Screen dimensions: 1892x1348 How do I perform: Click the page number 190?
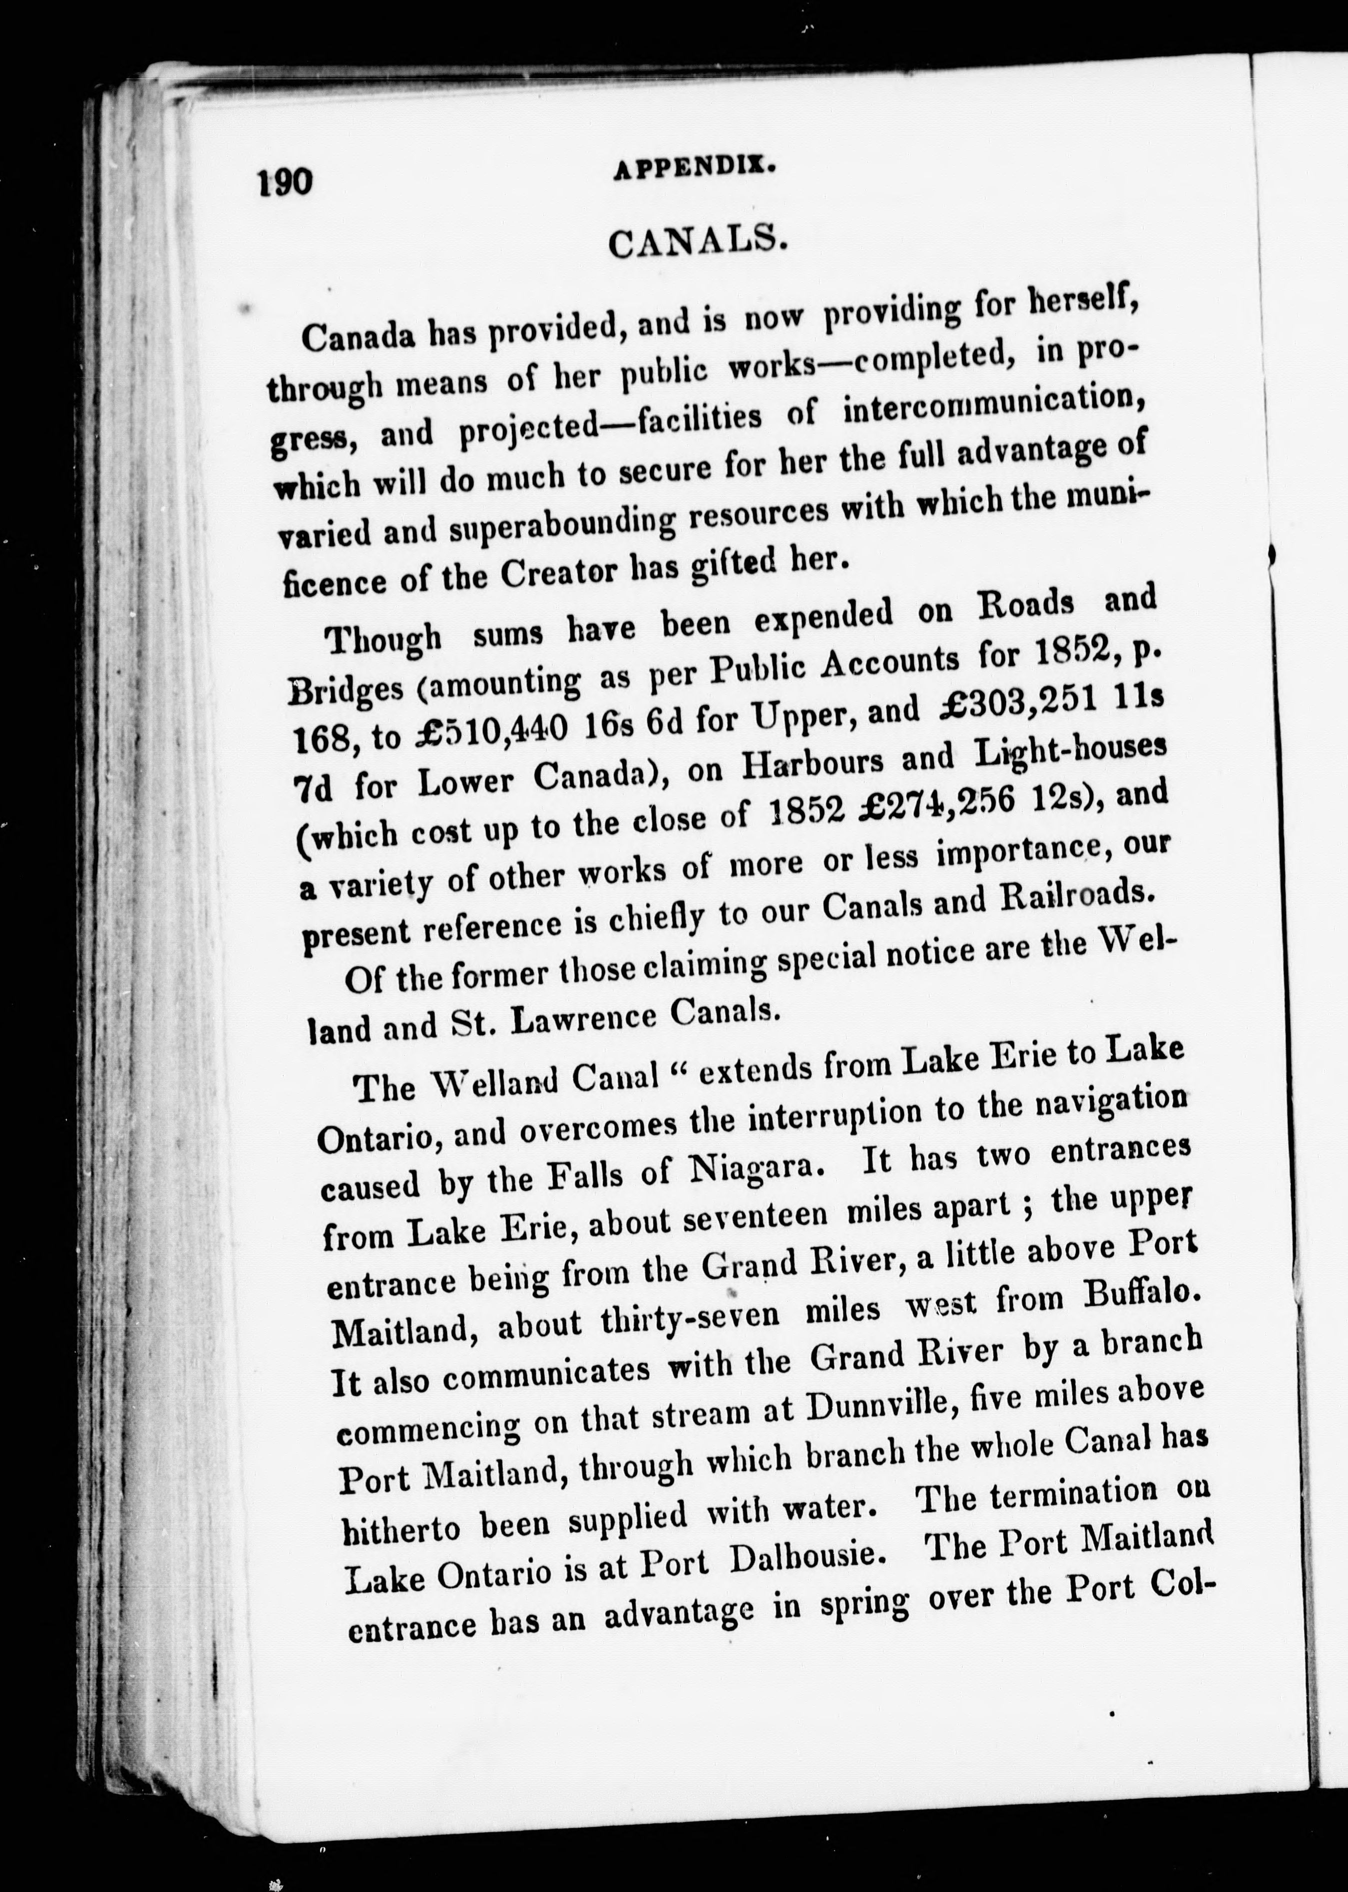[x=284, y=181]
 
